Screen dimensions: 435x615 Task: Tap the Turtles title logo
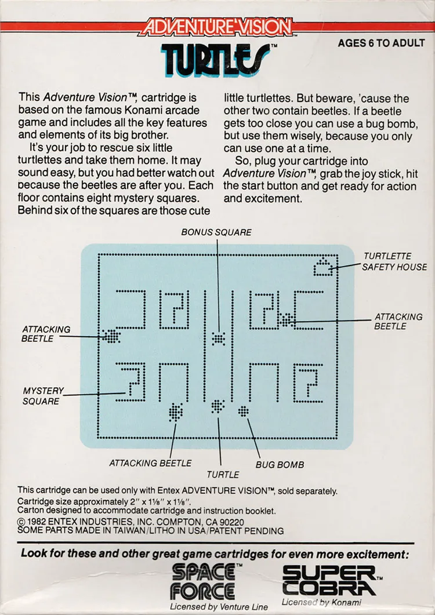click(216, 60)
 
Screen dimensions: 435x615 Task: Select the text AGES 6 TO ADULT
click(381, 43)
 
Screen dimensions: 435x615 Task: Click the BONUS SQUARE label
click(216, 232)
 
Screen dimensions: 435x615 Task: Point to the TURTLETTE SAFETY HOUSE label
click(394, 261)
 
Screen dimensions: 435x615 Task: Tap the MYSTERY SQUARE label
click(43, 396)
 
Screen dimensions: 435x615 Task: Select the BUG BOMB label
click(280, 465)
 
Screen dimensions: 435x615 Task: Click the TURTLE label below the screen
click(223, 475)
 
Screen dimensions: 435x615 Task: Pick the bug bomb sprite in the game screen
click(244, 411)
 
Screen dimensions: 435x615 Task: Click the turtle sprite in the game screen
click(218, 406)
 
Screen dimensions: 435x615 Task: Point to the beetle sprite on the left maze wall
click(111, 336)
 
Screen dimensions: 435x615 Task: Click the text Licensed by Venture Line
click(218, 607)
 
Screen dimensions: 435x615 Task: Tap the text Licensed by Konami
click(321, 602)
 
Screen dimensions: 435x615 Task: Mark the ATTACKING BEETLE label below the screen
click(150, 463)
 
